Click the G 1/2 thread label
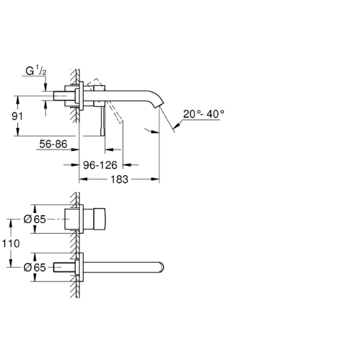36,71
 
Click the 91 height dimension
17,116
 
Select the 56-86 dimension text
53,144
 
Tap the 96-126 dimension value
100,165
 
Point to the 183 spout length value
119,180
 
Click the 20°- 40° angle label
203,114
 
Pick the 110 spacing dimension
11,243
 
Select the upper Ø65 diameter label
35,219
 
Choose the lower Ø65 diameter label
35,267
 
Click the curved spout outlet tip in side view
159,105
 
